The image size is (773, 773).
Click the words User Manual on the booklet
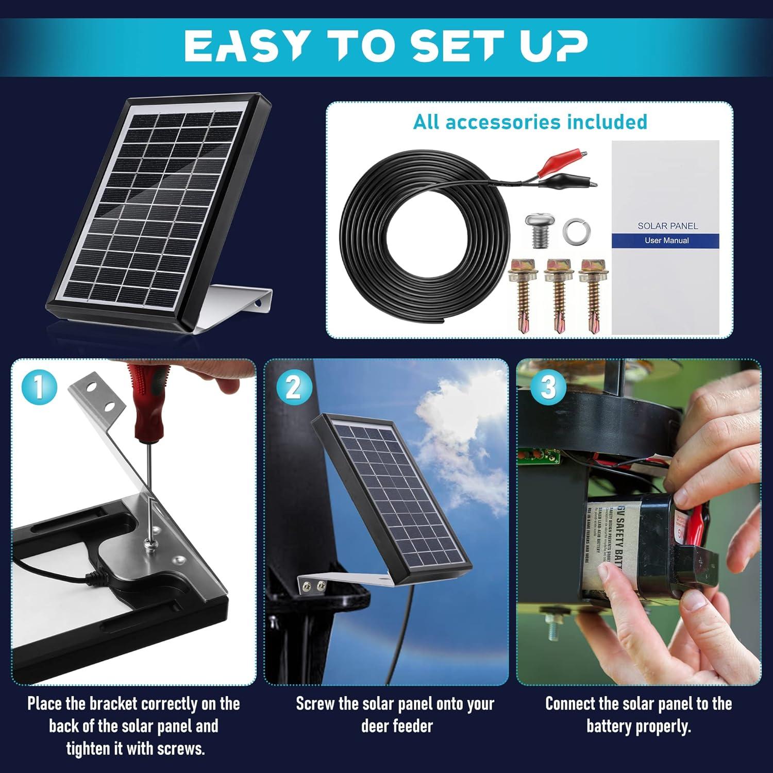pyautogui.click(x=666, y=241)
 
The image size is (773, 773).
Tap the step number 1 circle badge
pyautogui.click(x=38, y=387)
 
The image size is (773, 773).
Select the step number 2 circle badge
pyautogui.click(x=293, y=387)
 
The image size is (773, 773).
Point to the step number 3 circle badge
pyautogui.click(x=548, y=387)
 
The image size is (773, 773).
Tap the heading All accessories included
pyautogui.click(x=530, y=122)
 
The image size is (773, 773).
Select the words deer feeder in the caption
pyautogui.click(x=397, y=727)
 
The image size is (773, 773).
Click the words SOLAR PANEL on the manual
pyautogui.click(x=667, y=226)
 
